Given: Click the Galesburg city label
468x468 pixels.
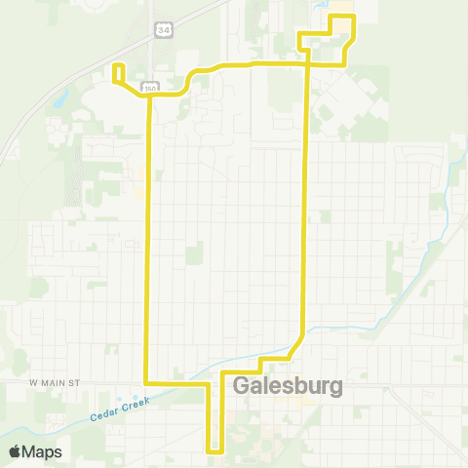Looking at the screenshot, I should tap(290, 386).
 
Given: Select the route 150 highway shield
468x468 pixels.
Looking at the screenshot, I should tap(149, 89).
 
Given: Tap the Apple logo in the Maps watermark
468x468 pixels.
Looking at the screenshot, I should tap(17, 451).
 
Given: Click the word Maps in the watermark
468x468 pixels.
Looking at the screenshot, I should tap(45, 451).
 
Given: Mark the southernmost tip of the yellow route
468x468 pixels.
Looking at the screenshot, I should tap(215, 451).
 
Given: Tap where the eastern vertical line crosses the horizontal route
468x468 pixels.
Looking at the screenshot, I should tap(309, 63).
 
